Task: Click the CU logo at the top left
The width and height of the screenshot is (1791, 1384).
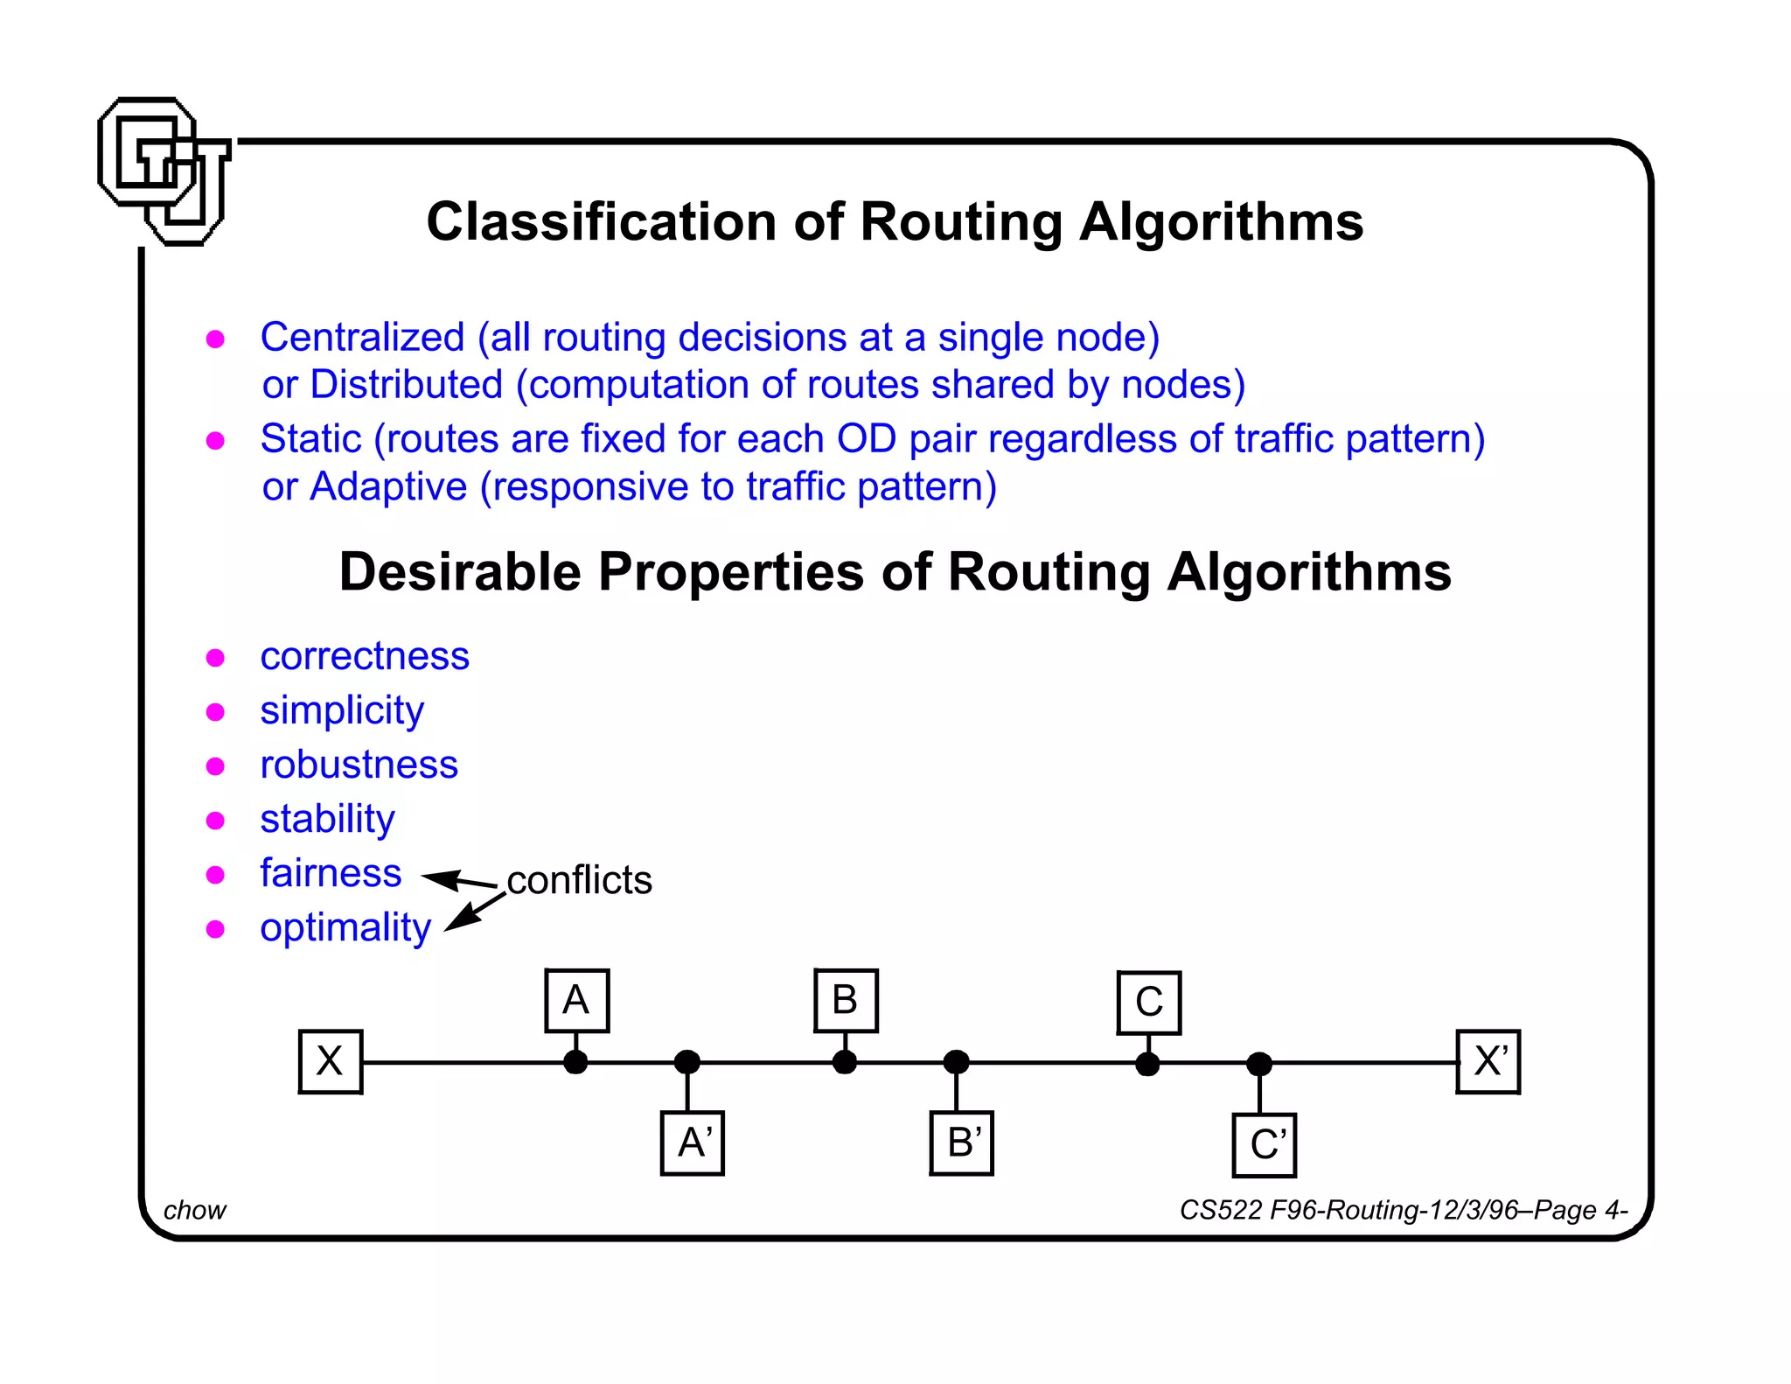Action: (164, 171)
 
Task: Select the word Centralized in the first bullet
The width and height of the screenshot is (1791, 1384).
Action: (362, 338)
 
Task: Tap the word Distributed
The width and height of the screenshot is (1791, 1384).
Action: (407, 385)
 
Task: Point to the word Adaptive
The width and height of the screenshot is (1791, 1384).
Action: (388, 487)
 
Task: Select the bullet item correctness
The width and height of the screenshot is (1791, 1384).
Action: (365, 656)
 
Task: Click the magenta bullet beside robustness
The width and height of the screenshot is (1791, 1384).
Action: (215, 766)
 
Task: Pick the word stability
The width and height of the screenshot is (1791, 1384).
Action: (327, 820)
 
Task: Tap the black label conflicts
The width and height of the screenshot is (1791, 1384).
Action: (579, 880)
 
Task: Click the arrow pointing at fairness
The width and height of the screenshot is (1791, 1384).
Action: (458, 880)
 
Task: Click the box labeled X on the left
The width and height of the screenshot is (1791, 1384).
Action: (330, 1062)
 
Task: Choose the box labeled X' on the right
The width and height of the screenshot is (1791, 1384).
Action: (1488, 1062)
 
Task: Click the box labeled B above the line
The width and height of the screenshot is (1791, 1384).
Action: (845, 1001)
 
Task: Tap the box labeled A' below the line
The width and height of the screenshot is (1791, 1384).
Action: (692, 1143)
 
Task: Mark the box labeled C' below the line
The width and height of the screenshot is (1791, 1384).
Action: (1264, 1145)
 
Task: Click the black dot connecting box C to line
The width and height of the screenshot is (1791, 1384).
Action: (1147, 1064)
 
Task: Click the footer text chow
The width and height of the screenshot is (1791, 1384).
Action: (194, 1210)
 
